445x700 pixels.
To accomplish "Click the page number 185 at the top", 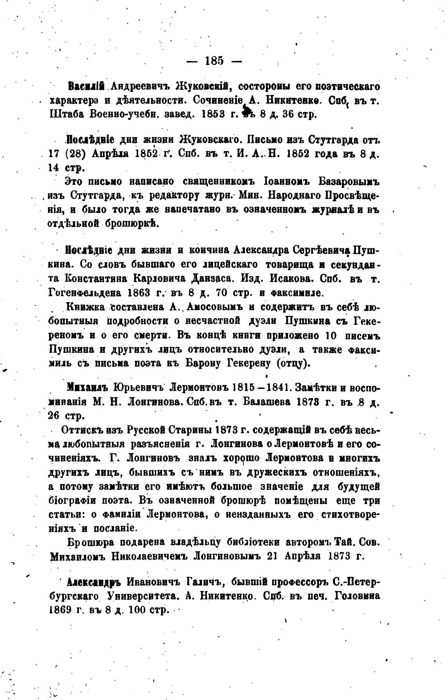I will click(214, 61).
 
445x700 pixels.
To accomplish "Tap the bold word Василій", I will click(85, 86).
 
